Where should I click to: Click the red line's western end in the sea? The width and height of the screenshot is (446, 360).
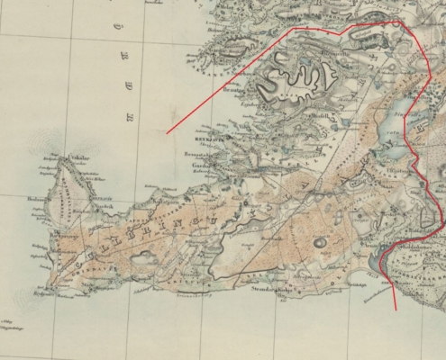(x=168, y=133)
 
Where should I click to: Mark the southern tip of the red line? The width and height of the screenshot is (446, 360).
(x=395, y=310)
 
